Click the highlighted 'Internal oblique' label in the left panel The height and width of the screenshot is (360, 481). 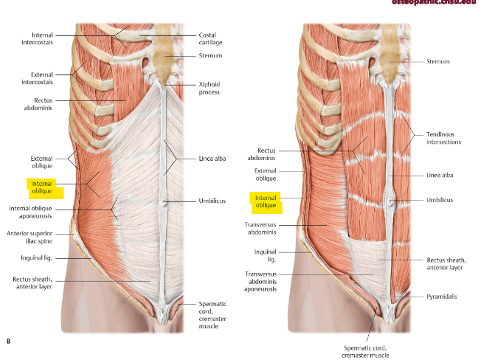[44, 188]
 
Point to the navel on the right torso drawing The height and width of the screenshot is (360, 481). [391, 200]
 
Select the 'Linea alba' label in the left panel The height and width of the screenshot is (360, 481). [214, 159]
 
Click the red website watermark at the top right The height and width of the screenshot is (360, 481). [438, 4]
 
